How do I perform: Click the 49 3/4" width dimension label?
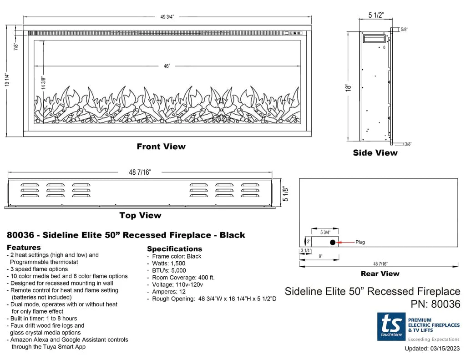167,17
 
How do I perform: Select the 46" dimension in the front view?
167,66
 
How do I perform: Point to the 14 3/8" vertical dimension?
44,82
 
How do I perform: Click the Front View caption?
161,147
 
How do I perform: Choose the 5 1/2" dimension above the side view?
376,15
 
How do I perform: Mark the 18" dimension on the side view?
349,87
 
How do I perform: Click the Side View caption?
375,153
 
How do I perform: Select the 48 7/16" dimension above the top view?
140,172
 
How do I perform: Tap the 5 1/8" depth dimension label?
285,193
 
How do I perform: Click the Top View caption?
140,215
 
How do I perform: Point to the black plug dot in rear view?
333,242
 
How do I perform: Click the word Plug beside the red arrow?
360,242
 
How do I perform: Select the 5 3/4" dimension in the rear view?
325,233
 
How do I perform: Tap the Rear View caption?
380,274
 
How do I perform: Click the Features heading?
24,248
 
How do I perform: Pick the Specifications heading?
174,249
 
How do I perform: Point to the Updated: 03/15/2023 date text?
432,349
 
